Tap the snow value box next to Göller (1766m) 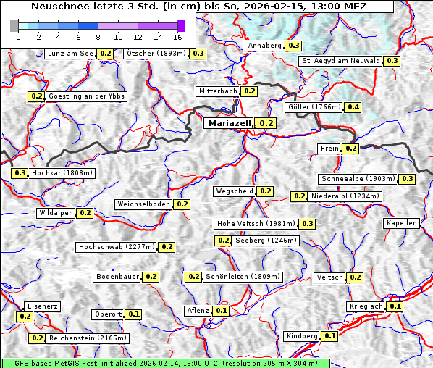[x=353, y=107]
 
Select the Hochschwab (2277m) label [x=117, y=247]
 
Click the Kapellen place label [x=402, y=223]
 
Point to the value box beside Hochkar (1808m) [x=20, y=173]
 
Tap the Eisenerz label [x=41, y=306]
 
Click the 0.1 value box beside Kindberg [x=329, y=336]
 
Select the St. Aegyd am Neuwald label [x=341, y=61]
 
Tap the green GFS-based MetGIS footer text [x=165, y=363]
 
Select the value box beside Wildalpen [x=85, y=213]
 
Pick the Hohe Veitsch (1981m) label [x=256, y=224]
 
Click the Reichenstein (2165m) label [x=88, y=338]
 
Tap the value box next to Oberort [x=134, y=314]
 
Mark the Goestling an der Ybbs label [x=86, y=96]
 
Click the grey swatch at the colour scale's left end [x=14, y=25]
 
